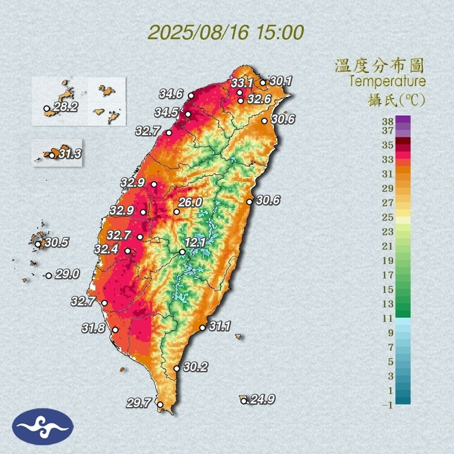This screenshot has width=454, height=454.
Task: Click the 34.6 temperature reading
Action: pos(171,94)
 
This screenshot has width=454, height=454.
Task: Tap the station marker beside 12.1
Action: pos(182,252)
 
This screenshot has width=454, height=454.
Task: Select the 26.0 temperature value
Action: pos(190,203)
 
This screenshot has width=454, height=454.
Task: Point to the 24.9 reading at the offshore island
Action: pos(262,400)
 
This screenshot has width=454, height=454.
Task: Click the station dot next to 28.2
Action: pos(47,108)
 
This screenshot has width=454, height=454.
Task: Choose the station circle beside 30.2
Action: pos(177,369)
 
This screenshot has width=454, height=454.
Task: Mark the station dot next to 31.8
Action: pos(115,330)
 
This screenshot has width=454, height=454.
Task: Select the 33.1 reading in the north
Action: pos(242,83)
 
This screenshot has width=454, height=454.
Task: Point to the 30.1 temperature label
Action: pos(281,81)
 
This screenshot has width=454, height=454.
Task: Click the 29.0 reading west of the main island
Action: pos(67,274)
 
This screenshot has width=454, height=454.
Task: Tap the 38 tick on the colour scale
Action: pos(388,122)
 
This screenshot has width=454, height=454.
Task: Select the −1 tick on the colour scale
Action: pos(388,405)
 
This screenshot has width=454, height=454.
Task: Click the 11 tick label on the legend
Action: pos(388,318)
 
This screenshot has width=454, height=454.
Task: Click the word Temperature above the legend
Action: pos(387,81)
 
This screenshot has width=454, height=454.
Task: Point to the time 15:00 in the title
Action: pos(280,32)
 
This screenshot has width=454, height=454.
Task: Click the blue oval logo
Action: pos(43,426)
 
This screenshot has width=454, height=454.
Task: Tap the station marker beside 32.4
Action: pos(128,251)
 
